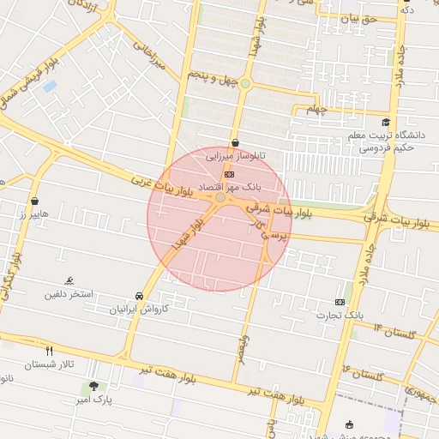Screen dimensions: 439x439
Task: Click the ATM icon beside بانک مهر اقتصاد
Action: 228,174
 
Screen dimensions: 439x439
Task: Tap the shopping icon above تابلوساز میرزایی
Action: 235,143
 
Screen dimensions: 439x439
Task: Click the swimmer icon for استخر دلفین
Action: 69,281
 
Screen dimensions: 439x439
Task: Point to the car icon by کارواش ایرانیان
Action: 140,296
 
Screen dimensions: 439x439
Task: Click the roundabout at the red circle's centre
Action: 220,198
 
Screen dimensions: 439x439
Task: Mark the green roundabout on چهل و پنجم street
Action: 245,83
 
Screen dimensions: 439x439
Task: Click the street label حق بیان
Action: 358,17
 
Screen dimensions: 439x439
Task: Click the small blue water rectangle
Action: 50,87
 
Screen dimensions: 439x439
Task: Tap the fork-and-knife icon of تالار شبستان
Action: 49,350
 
